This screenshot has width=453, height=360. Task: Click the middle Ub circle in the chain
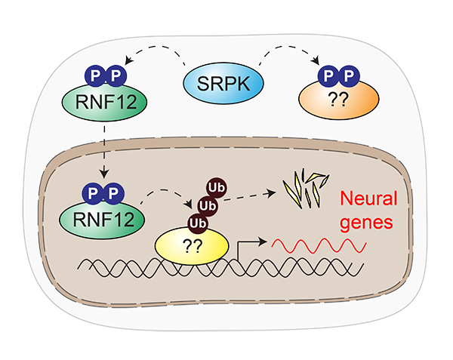point(204,205)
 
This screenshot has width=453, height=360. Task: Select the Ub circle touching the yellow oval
point(198,224)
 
